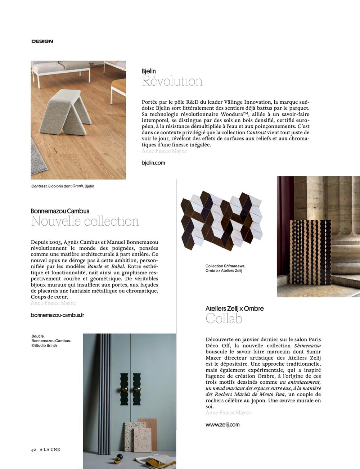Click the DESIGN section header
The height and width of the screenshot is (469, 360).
(42, 41)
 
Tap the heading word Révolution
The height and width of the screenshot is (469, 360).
(172, 81)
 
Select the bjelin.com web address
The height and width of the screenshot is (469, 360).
(153, 163)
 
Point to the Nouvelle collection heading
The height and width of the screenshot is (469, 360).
(85, 221)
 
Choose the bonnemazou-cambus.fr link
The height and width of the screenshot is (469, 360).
(58, 315)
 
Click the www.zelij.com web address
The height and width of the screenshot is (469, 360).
(222, 425)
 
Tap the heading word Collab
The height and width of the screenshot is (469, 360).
(224, 319)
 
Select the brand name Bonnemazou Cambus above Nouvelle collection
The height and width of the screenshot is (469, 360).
(60, 211)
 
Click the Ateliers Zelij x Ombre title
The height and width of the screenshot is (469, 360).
(234, 308)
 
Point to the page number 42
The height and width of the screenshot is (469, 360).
(33, 450)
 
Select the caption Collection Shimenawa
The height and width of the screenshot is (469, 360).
(225, 266)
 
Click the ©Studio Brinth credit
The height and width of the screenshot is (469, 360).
(44, 346)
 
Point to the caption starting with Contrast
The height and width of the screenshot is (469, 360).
(63, 186)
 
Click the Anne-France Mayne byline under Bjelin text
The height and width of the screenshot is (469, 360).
(164, 151)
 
